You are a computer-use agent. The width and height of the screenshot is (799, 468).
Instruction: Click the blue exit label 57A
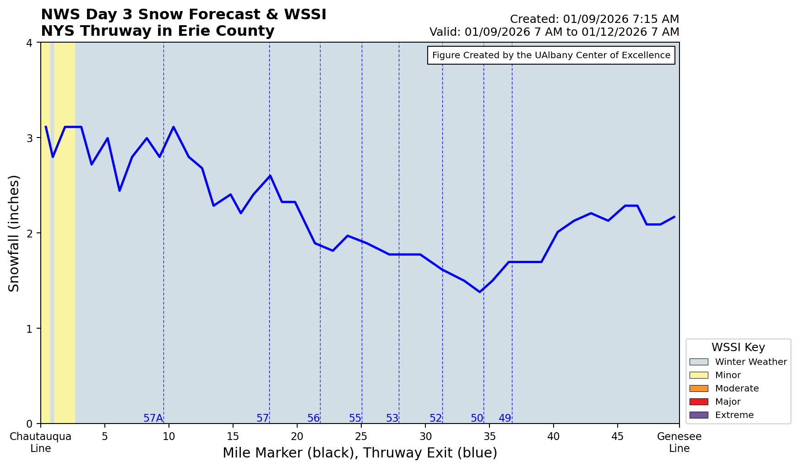coord(153,418)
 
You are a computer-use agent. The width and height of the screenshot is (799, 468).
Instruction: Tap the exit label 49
coord(505,418)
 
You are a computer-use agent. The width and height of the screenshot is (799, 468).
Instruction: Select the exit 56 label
coord(313,418)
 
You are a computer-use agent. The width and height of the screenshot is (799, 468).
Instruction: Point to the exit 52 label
coord(435,418)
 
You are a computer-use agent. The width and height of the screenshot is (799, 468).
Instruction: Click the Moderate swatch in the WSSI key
coord(698,388)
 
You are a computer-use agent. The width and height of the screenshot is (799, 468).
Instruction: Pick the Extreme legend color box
coord(698,415)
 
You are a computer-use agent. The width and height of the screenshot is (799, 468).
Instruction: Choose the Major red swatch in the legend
coord(698,402)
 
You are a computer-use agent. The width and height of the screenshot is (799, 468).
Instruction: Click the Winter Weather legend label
coord(750,362)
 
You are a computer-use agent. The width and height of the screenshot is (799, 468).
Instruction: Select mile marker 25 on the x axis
coord(361,436)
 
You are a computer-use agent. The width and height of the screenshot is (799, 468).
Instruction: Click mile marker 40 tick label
coord(554,436)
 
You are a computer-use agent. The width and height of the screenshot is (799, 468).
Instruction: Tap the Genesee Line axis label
coord(679,442)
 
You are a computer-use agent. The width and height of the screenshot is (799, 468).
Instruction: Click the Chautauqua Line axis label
coord(41,442)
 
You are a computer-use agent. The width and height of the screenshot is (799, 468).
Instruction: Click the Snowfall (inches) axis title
coord(14,233)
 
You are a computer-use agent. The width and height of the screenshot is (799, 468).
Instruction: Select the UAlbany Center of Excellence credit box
coord(551,55)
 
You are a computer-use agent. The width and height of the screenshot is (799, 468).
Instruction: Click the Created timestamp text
coord(594,19)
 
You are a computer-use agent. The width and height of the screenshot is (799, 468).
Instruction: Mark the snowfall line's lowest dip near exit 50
coord(480,292)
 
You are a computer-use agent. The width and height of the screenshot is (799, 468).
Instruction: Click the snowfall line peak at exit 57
coord(270,176)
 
